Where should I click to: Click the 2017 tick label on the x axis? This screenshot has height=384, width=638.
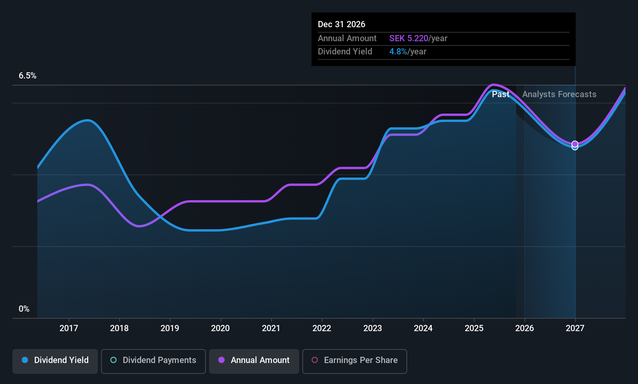(x=69, y=328)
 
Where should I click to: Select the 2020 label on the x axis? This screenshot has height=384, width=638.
(x=220, y=328)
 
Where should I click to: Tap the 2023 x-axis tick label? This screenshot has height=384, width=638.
(x=373, y=328)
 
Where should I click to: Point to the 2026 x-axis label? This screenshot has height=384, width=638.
(x=525, y=328)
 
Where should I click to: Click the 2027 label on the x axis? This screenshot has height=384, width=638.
(x=575, y=328)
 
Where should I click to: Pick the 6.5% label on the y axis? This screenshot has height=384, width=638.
(x=28, y=76)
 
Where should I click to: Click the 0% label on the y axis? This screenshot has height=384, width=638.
(x=24, y=309)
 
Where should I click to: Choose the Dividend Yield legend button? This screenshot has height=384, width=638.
(x=55, y=361)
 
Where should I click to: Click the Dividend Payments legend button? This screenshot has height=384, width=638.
(x=153, y=361)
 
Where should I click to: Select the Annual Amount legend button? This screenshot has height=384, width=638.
(x=254, y=361)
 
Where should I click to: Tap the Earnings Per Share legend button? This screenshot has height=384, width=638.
(x=355, y=361)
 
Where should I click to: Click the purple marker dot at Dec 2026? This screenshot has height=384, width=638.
(x=575, y=144)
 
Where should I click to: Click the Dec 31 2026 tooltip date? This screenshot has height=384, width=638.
(x=342, y=24)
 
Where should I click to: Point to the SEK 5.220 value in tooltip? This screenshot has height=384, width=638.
(x=409, y=38)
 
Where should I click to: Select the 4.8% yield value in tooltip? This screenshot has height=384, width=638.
(x=398, y=52)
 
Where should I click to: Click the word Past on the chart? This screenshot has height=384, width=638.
(x=501, y=94)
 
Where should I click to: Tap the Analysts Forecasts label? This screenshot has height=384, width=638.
(x=559, y=94)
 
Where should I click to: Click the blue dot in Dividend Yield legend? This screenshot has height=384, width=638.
(x=25, y=360)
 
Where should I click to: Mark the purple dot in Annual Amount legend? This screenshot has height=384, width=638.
(x=221, y=360)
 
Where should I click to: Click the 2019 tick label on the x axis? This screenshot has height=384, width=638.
(x=170, y=328)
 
